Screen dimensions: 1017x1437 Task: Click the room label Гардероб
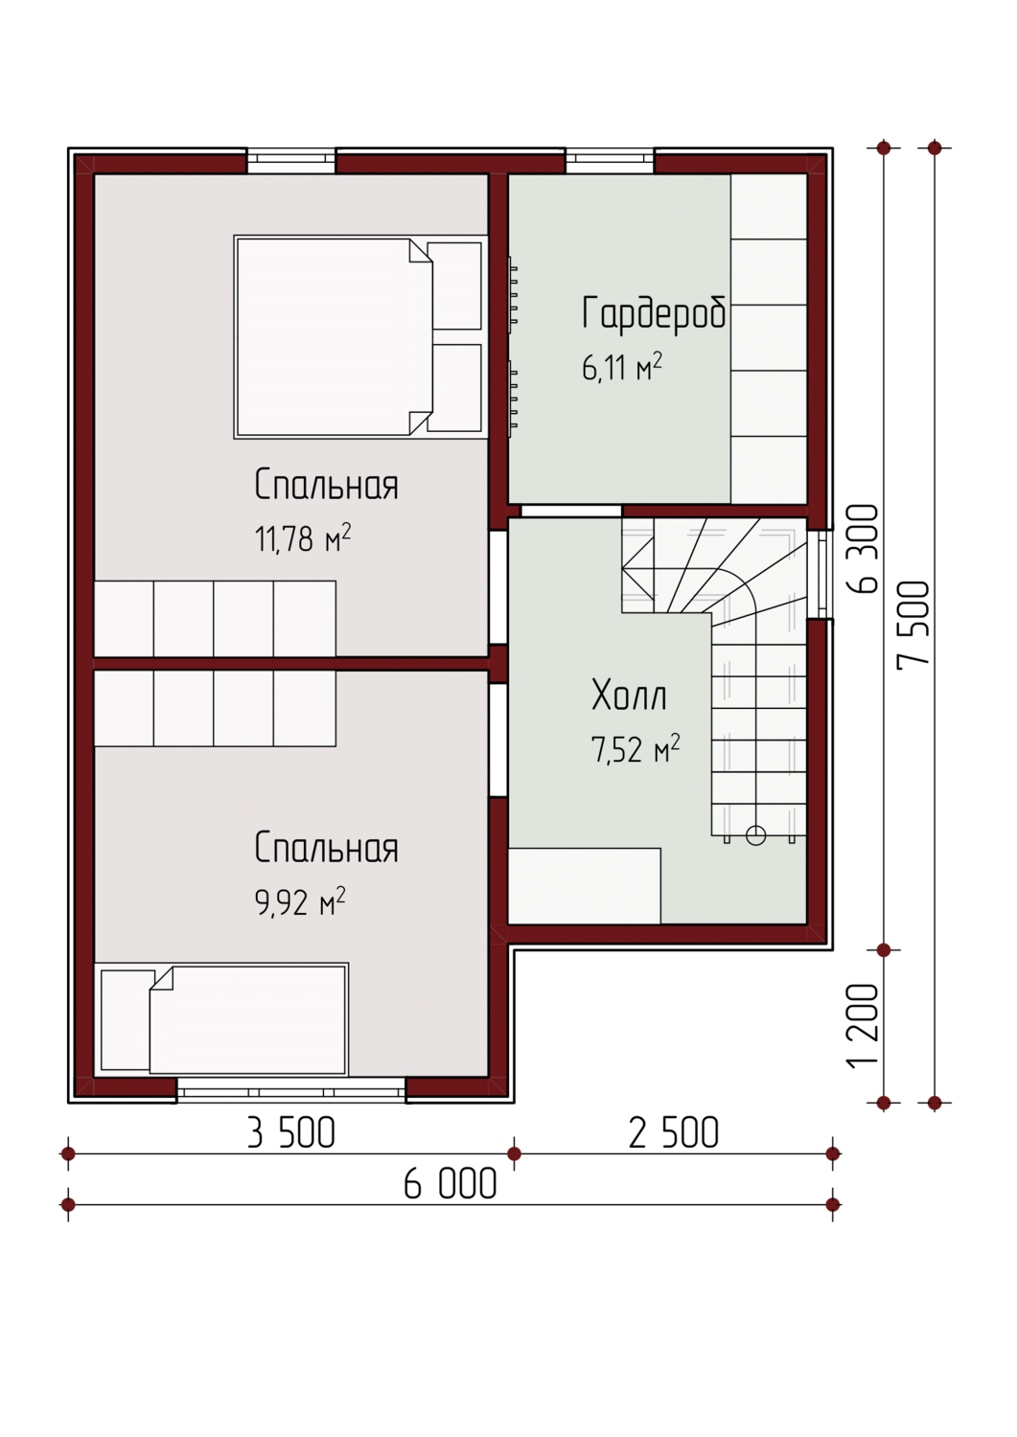[x=655, y=314]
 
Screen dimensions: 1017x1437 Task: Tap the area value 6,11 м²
[x=621, y=368]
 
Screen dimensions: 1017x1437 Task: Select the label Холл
[x=629, y=696]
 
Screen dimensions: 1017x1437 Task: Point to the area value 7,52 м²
[x=635, y=748]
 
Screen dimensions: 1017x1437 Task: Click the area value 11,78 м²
[x=302, y=537]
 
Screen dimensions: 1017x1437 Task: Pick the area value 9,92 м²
[x=300, y=901]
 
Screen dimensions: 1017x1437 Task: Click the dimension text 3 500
[x=290, y=1133]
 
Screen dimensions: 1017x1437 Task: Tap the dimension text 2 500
[x=674, y=1133]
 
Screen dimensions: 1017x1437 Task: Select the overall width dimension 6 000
[x=451, y=1183]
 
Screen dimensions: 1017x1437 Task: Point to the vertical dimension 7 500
[x=913, y=625]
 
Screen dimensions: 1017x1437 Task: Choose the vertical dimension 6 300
[x=863, y=549]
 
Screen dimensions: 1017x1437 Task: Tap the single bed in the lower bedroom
[x=221, y=1019]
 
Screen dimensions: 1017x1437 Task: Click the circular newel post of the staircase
[x=755, y=835]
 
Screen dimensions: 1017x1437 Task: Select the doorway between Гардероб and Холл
[x=570, y=511]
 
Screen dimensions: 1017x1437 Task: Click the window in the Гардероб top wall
[x=610, y=161]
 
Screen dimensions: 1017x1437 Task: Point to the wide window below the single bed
[x=290, y=1088]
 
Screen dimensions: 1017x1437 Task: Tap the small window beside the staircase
[x=820, y=574]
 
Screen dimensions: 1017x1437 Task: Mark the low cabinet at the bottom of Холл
[x=585, y=885]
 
